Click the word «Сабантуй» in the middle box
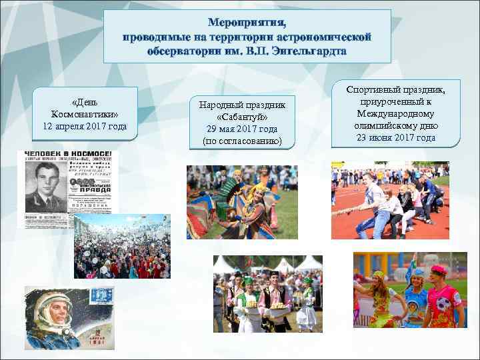click(x=242, y=117)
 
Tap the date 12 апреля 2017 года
click(x=85, y=126)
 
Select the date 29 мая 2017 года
click(x=242, y=129)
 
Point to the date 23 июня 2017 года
click(x=396, y=138)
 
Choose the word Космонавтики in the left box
click(x=85, y=114)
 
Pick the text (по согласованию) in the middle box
click(x=242, y=141)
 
